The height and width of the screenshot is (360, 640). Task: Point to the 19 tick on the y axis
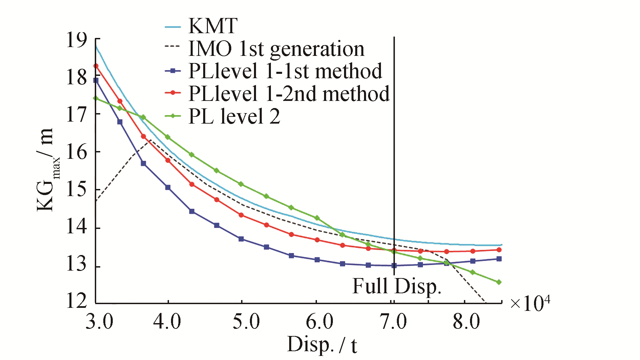point(77,40)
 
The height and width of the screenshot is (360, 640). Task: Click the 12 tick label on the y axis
point(77,300)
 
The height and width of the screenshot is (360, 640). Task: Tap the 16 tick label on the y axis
point(77,152)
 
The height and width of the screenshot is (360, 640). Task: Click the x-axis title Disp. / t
point(322,345)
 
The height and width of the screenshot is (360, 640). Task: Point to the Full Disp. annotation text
point(397,286)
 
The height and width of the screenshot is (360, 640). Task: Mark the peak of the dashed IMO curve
point(149,139)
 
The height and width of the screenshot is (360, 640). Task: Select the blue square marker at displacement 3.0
point(96,81)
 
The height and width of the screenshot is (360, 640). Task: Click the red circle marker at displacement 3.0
point(96,66)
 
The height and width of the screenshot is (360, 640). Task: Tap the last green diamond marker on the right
point(499,282)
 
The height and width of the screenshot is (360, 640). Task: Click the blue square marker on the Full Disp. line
point(394,266)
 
